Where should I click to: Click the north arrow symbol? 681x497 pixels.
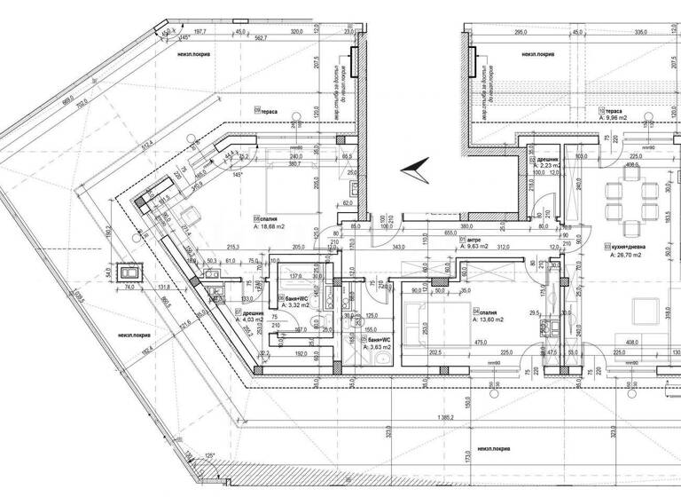coord(416,168)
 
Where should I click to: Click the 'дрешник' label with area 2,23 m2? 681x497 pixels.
coord(551,160)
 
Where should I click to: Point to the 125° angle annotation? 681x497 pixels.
coord(210,455)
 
